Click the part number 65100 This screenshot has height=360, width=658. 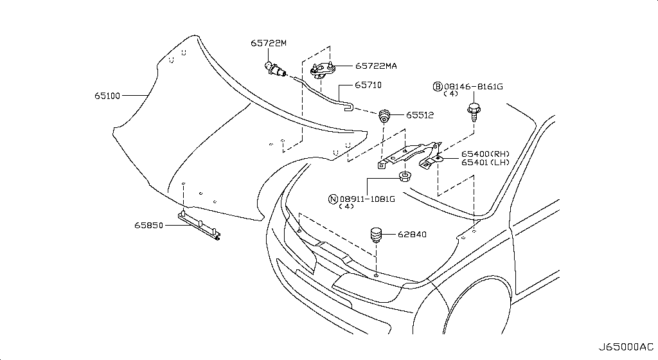coord(107,96)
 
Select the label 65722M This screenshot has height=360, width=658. coord(269,43)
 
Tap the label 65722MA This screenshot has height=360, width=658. coord(376,66)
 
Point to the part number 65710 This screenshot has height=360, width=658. coord(368,85)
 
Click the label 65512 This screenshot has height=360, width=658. coord(420,115)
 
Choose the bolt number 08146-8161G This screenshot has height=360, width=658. coord(474,87)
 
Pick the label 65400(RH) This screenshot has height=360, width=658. coord(485,154)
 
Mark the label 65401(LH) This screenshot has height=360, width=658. coord(485,163)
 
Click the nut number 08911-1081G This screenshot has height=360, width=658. coord(367,199)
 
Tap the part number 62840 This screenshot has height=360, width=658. coord(412,234)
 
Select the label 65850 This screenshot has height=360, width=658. coord(148,225)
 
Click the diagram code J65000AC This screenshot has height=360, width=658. coord(626,347)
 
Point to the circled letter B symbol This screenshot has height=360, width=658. coord(438,87)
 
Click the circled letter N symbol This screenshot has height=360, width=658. coord(333,199)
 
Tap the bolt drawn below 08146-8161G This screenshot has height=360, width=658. coord(474,112)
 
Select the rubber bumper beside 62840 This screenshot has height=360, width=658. coord(375,235)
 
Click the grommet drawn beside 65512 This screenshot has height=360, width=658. coord(384,115)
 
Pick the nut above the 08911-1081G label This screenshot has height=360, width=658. coord(405,177)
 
